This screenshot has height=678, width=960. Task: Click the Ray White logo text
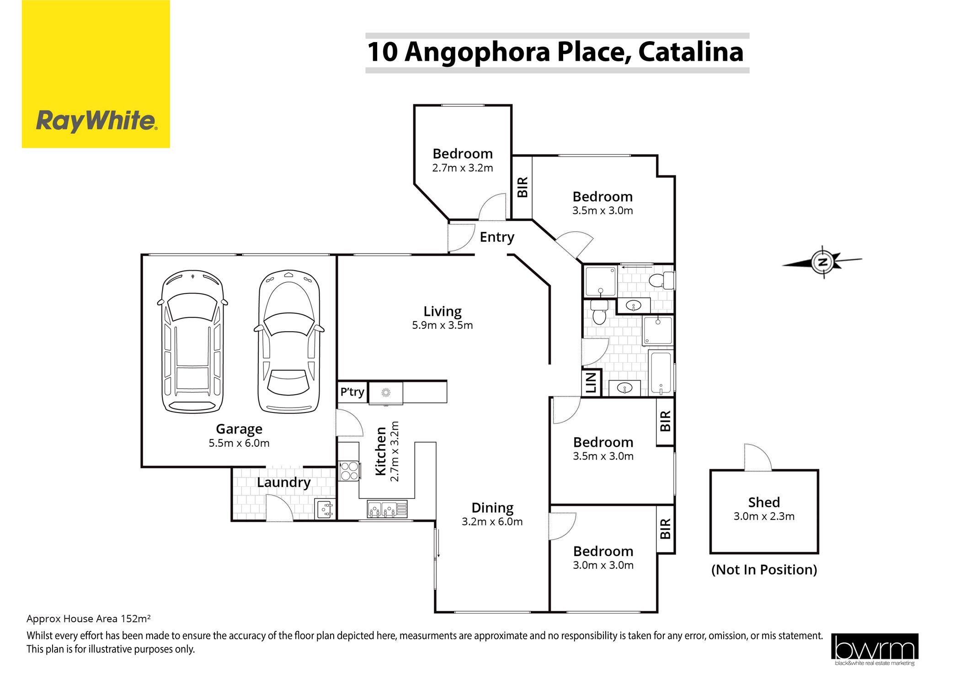[x=96, y=122]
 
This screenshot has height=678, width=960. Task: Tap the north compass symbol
[x=822, y=262]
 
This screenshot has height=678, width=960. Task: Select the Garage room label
[x=239, y=429]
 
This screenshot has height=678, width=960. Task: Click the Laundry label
[x=283, y=482]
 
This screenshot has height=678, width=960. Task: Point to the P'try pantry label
[x=352, y=392]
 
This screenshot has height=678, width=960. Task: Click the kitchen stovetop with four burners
[x=350, y=471]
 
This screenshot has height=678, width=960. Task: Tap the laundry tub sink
[x=325, y=509]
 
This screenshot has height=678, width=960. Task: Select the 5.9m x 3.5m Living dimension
[x=442, y=325]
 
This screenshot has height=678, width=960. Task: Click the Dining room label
[x=492, y=508]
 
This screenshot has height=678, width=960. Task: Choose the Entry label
[x=497, y=237]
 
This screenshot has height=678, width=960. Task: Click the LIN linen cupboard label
[x=591, y=383]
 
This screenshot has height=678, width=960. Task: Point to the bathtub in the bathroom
[x=661, y=373]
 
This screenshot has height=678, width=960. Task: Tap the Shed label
[x=764, y=503]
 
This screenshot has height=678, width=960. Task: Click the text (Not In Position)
[x=764, y=570]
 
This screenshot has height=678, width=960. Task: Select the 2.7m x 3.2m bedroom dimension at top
[x=463, y=168]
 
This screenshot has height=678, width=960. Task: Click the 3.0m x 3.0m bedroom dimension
[x=603, y=565]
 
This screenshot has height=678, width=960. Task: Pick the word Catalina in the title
[x=691, y=52]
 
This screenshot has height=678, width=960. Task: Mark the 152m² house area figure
[x=135, y=619]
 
